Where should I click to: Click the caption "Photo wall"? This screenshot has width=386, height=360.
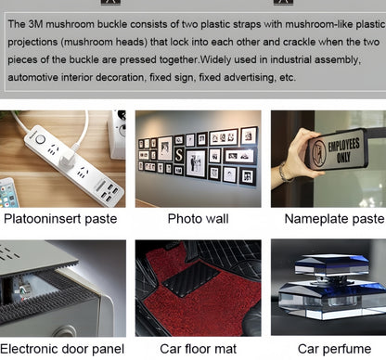click(x=198, y=219)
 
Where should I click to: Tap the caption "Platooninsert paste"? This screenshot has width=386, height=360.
click(x=60, y=219)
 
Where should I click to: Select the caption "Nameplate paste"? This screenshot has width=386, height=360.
click(x=334, y=219)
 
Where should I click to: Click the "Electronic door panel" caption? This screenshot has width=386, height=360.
click(x=62, y=349)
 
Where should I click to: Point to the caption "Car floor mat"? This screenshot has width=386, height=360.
click(x=198, y=349)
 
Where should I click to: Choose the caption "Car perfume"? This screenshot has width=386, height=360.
click(x=334, y=349)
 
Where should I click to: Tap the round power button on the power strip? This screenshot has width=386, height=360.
click(x=40, y=139)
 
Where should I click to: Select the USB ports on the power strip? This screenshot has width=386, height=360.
click(x=110, y=192)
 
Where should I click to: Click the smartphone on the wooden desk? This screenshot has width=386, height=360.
click(x=9, y=193)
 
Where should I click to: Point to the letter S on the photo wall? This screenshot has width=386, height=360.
click(x=179, y=155)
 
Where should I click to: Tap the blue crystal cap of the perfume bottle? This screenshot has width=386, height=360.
click(x=331, y=264)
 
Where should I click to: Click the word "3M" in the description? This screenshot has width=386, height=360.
click(x=35, y=24)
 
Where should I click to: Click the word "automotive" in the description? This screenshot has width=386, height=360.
click(x=32, y=77)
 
